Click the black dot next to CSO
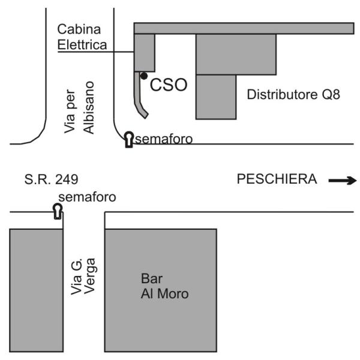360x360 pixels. (x=144, y=76)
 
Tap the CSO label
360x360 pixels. (x=169, y=85)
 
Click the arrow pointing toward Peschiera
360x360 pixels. (x=343, y=181)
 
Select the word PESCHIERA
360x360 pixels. (x=277, y=179)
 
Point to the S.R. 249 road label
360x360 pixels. (x=51, y=179)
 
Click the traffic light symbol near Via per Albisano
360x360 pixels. (x=129, y=139)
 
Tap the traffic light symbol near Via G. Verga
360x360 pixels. (x=58, y=211)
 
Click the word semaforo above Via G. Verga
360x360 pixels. (x=87, y=197)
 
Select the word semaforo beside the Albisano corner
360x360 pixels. (x=164, y=139)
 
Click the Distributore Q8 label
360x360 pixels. (x=293, y=94)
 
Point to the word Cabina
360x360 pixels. (x=79, y=29)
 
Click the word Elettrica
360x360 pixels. (x=82, y=44)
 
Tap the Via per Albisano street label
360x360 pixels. (x=79, y=107)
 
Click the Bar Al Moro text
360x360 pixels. (x=164, y=286)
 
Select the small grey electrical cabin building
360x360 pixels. (x=145, y=53)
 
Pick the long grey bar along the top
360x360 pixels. (x=244, y=28)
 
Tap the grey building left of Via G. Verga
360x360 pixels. (x=36, y=290)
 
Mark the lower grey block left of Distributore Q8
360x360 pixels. (x=216, y=97)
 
